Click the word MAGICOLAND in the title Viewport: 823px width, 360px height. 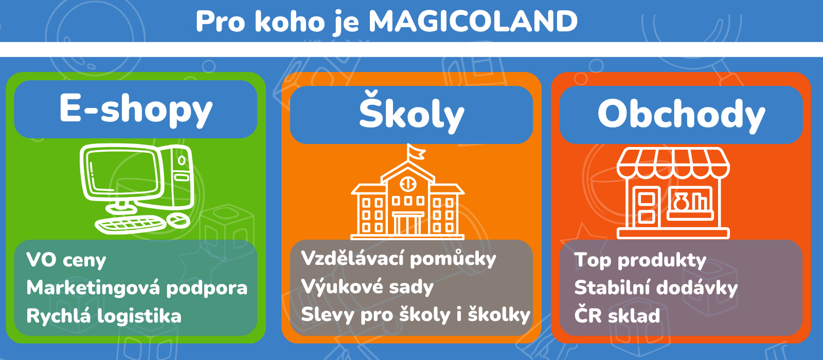(x=473, y=22)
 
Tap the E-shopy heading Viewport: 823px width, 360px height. (x=136, y=109)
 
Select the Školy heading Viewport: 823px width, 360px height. (x=411, y=114)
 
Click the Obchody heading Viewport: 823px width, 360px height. (x=681, y=114)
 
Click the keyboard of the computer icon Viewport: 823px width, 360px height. (x=130, y=224)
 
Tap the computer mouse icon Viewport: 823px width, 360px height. (x=178, y=220)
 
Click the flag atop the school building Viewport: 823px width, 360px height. (x=416, y=152)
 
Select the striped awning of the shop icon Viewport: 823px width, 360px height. (x=673, y=162)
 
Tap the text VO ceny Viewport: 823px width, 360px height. (x=66, y=260)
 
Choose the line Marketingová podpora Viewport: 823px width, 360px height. (x=137, y=288)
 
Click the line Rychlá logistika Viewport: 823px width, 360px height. (x=104, y=316)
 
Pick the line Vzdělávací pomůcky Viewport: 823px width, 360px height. (x=399, y=259)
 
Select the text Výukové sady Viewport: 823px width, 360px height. (x=367, y=287)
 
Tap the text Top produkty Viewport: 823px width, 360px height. (x=640, y=260)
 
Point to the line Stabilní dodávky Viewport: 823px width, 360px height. (x=656, y=288)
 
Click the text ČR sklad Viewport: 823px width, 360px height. (x=617, y=316)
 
